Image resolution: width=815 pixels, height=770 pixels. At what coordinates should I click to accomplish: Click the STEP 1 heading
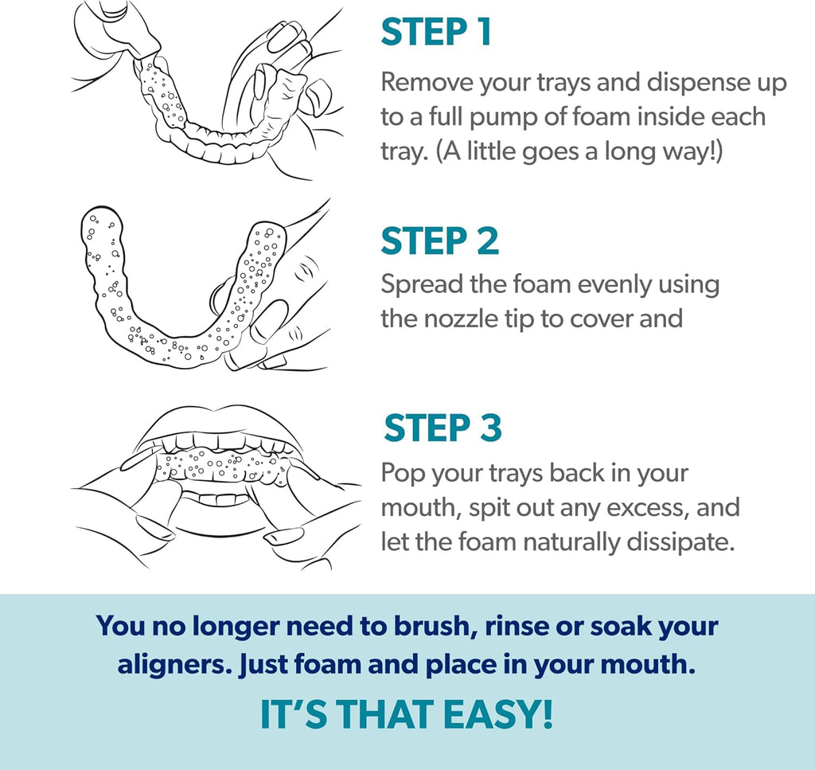(x=436, y=32)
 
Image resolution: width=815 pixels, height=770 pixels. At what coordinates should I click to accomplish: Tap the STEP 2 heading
(x=439, y=240)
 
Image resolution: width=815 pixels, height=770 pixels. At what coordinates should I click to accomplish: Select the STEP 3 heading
(x=443, y=428)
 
